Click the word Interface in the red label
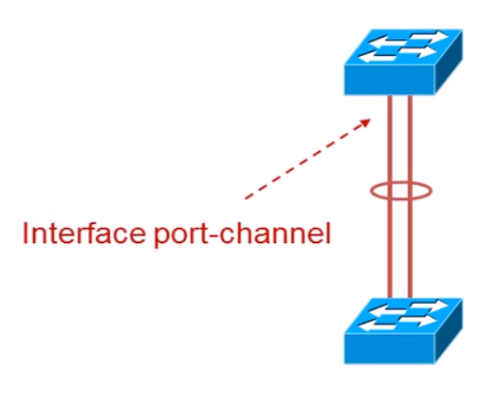(x=84, y=234)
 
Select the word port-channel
(x=243, y=234)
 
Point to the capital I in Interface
(x=26, y=234)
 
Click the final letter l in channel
(x=329, y=234)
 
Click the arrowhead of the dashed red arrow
(x=365, y=122)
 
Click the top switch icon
(x=403, y=62)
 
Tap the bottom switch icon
(x=403, y=331)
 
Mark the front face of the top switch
(x=389, y=80)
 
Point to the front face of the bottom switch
(x=389, y=348)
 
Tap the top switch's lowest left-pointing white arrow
(x=378, y=58)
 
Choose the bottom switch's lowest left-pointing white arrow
(x=378, y=327)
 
